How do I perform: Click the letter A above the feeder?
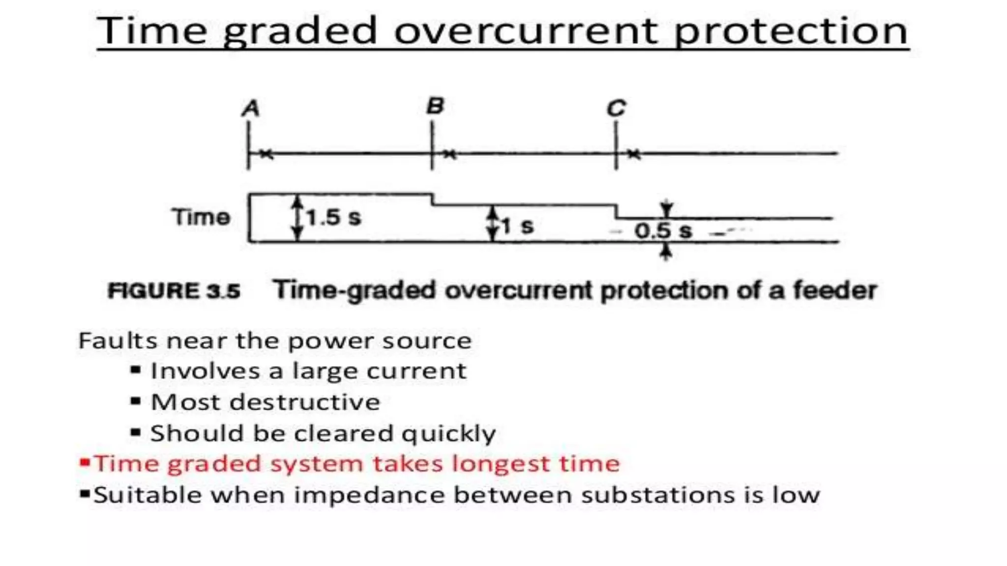251,109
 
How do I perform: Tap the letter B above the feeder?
435,106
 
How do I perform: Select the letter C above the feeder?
617,108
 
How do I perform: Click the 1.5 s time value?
333,217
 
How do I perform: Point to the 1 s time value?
517,226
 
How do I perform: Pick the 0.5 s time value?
663,230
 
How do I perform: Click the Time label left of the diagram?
201,217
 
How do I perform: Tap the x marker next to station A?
266,154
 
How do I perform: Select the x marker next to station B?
449,154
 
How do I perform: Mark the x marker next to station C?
634,154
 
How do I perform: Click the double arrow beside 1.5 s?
296,218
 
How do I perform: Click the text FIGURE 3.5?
174,291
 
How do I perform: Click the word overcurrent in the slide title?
526,31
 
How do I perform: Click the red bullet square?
85,462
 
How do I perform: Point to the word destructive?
305,402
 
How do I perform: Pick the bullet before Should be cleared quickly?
136,432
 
